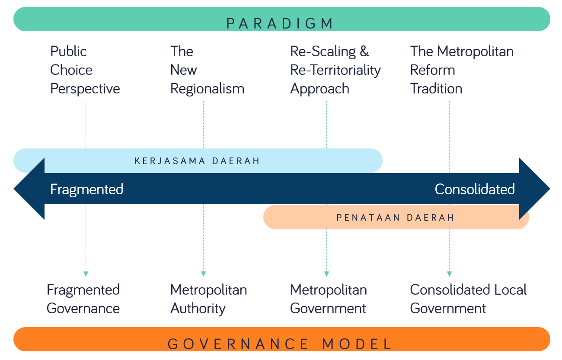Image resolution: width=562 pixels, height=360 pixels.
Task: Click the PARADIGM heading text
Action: coord(281,23)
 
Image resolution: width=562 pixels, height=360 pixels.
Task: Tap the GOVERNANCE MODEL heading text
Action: coord(280,344)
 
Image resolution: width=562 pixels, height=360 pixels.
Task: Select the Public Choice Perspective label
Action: coord(85,70)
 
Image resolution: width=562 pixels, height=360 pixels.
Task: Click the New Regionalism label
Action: coord(207,70)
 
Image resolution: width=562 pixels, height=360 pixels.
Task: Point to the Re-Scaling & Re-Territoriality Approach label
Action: coord(335,70)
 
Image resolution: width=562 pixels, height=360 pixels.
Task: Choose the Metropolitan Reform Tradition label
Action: coord(462,70)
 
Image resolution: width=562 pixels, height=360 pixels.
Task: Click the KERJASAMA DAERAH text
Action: coord(197,161)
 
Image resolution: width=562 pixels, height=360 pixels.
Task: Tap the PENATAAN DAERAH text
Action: coord(396,217)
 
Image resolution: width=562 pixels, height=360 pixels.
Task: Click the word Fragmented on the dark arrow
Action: coord(87,190)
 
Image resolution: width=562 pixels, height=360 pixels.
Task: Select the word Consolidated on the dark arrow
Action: coord(475,190)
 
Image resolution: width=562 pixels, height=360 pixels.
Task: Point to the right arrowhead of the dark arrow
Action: coord(534,189)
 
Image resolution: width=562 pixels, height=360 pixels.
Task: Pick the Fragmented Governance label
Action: coord(83,299)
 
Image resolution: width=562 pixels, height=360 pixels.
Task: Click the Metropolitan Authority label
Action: coord(208,299)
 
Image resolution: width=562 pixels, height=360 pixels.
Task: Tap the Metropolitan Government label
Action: coord(329,299)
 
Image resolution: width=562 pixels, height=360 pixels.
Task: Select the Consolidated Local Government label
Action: coord(468,299)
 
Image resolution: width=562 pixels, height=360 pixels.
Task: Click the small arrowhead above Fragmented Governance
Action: coord(86,273)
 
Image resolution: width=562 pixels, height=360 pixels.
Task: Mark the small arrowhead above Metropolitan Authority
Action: coord(203,273)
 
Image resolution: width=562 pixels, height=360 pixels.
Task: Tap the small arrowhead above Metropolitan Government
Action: coord(326,273)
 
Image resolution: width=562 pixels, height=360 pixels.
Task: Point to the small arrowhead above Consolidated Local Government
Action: coord(449,273)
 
